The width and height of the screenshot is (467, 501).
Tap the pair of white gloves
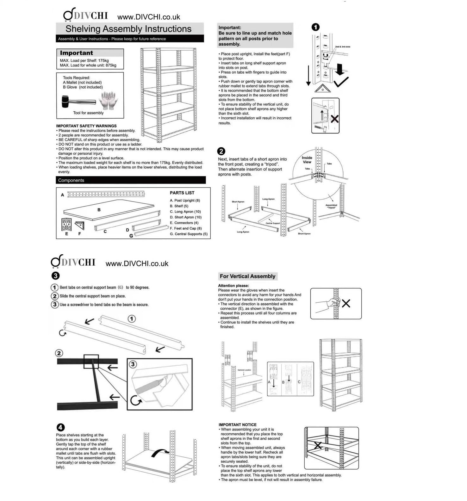point(108,100)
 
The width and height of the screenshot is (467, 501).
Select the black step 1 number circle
point(315,27)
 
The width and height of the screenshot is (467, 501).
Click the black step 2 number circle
point(221,151)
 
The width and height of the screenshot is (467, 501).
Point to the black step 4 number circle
point(60,427)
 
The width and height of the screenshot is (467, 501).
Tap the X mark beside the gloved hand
point(346,304)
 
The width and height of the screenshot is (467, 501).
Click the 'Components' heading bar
point(131,180)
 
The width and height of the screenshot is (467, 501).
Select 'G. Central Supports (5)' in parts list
point(189,234)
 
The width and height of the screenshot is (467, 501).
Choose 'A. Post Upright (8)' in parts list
point(185,201)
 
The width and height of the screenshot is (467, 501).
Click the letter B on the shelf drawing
point(99,210)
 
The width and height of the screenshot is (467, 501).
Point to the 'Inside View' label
point(307,160)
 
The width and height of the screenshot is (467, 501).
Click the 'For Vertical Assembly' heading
point(247,276)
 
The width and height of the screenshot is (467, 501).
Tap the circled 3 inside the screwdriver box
point(133,364)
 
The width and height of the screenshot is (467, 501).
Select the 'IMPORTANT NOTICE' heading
point(237,425)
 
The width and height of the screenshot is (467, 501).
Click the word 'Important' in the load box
point(77,53)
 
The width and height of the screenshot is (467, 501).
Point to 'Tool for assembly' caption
point(88,113)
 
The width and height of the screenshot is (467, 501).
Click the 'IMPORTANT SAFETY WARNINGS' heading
point(86,126)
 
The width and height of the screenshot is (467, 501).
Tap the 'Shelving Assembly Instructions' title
point(128,29)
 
